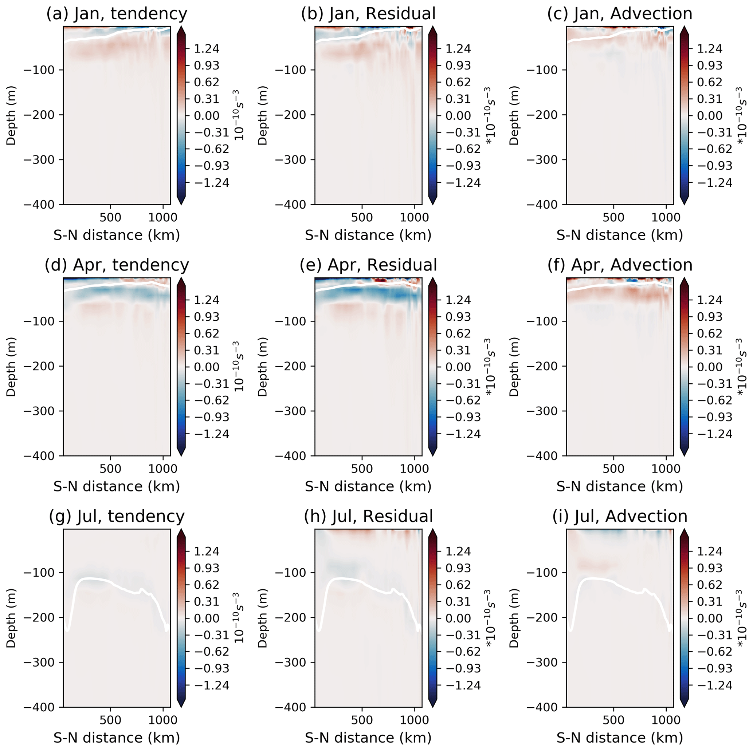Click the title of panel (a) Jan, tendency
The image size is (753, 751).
click(x=117, y=14)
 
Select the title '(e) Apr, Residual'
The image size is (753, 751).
click(x=368, y=265)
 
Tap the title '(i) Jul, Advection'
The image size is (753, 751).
click(x=620, y=517)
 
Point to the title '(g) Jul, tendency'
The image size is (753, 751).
click(x=117, y=517)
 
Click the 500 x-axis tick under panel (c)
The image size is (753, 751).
click(x=613, y=217)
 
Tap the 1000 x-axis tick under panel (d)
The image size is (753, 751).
click(x=163, y=469)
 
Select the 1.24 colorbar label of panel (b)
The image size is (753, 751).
click(x=458, y=49)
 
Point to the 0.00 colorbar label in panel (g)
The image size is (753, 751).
click(x=207, y=618)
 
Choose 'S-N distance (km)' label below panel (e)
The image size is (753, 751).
click(x=368, y=486)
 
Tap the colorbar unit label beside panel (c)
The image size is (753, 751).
click(x=742, y=115)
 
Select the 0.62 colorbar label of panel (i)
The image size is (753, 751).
click(x=710, y=585)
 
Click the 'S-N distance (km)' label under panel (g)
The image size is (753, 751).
click(x=117, y=738)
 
